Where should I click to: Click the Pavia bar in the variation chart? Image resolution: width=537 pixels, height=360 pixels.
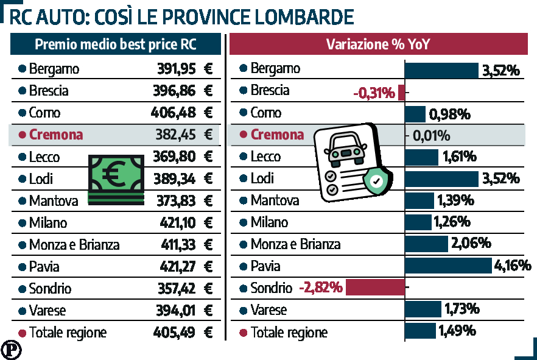coord(448,266)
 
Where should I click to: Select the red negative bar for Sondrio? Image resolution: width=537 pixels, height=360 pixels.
coord(375,288)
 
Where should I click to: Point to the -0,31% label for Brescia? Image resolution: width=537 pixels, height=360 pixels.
coord(374,93)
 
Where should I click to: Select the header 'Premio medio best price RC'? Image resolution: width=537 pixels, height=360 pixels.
coord(115,44)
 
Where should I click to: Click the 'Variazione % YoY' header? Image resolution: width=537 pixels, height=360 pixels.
coord(379,44)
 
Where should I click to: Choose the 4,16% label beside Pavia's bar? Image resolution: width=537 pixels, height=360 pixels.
coord(513,266)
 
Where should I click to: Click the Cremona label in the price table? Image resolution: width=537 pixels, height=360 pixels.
coord(55,135)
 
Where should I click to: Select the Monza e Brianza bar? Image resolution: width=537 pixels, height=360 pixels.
coord(426,244)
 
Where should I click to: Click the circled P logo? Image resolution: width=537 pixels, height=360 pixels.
coord(10,350)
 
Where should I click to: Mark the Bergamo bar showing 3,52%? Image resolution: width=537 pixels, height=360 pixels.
coord(442,69)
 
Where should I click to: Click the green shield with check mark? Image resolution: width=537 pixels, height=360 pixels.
coord(376,180)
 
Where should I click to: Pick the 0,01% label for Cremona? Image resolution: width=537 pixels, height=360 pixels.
coord(432,135)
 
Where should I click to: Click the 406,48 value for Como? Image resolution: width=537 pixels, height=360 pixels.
coord(173,113)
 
